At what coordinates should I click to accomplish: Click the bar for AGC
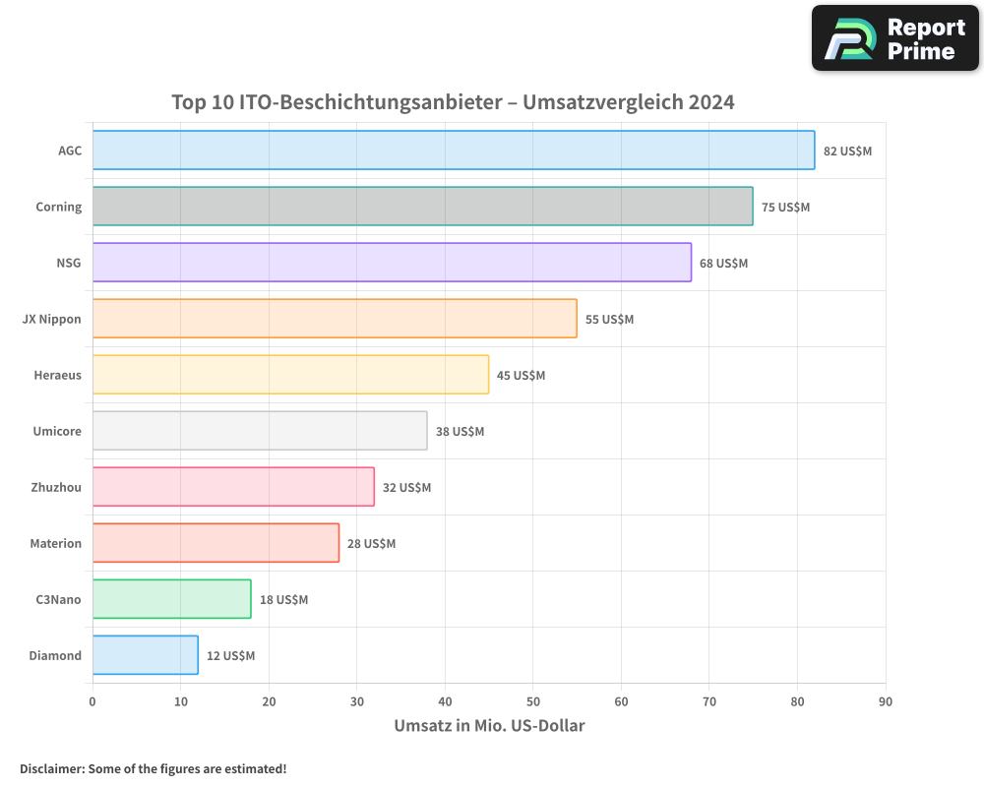tap(454, 151)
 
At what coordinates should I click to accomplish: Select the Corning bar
tap(423, 207)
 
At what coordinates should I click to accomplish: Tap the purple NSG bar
tap(392, 263)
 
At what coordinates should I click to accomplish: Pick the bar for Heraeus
tap(290, 375)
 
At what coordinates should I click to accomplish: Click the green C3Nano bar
tap(172, 599)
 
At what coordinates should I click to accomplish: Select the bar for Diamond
tap(146, 655)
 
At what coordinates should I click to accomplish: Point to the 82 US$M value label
tap(847, 151)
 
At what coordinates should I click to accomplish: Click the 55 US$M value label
tap(609, 320)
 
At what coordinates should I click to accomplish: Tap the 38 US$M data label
tap(460, 432)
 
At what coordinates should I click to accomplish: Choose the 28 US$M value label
tap(371, 544)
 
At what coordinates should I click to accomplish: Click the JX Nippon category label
tap(52, 319)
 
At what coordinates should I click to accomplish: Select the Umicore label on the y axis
tap(58, 431)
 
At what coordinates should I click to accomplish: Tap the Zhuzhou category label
tap(56, 487)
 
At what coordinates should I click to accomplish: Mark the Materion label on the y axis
tap(56, 543)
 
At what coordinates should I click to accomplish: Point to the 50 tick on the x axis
tap(532, 701)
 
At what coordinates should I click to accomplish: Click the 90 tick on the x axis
tap(885, 701)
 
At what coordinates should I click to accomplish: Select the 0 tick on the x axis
tap(92, 701)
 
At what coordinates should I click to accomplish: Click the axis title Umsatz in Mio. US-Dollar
tap(489, 726)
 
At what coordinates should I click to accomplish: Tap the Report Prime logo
tap(895, 38)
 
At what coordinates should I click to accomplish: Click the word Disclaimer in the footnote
tap(51, 768)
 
